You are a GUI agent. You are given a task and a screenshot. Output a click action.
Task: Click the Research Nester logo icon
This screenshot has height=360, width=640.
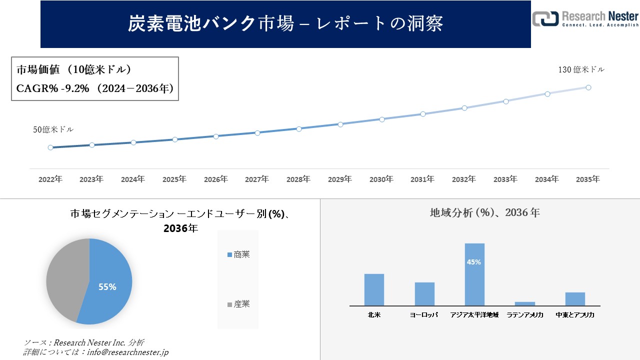[x=545, y=18]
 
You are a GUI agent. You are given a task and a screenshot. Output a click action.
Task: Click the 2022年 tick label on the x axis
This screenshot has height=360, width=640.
[x=50, y=179]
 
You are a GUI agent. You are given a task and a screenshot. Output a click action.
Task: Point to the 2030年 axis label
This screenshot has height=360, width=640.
[x=381, y=179]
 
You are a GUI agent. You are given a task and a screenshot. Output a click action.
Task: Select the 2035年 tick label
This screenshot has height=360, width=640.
[x=588, y=179]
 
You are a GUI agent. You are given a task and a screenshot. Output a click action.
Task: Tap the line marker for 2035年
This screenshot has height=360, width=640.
[x=588, y=87]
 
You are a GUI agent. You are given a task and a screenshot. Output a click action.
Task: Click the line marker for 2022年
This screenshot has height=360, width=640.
[x=50, y=147]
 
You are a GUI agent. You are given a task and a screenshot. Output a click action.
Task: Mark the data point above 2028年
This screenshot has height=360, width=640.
[x=299, y=128]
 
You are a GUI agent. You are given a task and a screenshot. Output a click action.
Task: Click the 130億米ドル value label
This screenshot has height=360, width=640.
[x=581, y=70]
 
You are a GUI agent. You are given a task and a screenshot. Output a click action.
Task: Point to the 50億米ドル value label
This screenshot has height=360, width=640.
[x=53, y=129]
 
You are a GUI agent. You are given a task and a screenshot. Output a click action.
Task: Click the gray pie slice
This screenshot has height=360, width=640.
[x=65, y=277]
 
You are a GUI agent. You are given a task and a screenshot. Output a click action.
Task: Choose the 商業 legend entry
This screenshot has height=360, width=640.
[x=238, y=254]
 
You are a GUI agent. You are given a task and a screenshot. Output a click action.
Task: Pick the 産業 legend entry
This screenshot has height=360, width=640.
[x=238, y=304]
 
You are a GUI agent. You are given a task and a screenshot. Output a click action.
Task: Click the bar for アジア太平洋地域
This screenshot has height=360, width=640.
[x=474, y=274]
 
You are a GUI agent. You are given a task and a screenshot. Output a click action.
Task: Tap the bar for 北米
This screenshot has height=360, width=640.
[x=374, y=289]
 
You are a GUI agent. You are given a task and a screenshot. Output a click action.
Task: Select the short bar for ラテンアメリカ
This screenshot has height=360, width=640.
[x=525, y=303]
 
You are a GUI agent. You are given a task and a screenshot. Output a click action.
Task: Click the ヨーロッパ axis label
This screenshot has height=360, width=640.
[x=424, y=315]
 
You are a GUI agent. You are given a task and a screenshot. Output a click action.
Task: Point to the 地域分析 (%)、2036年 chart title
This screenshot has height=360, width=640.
[x=484, y=212]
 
